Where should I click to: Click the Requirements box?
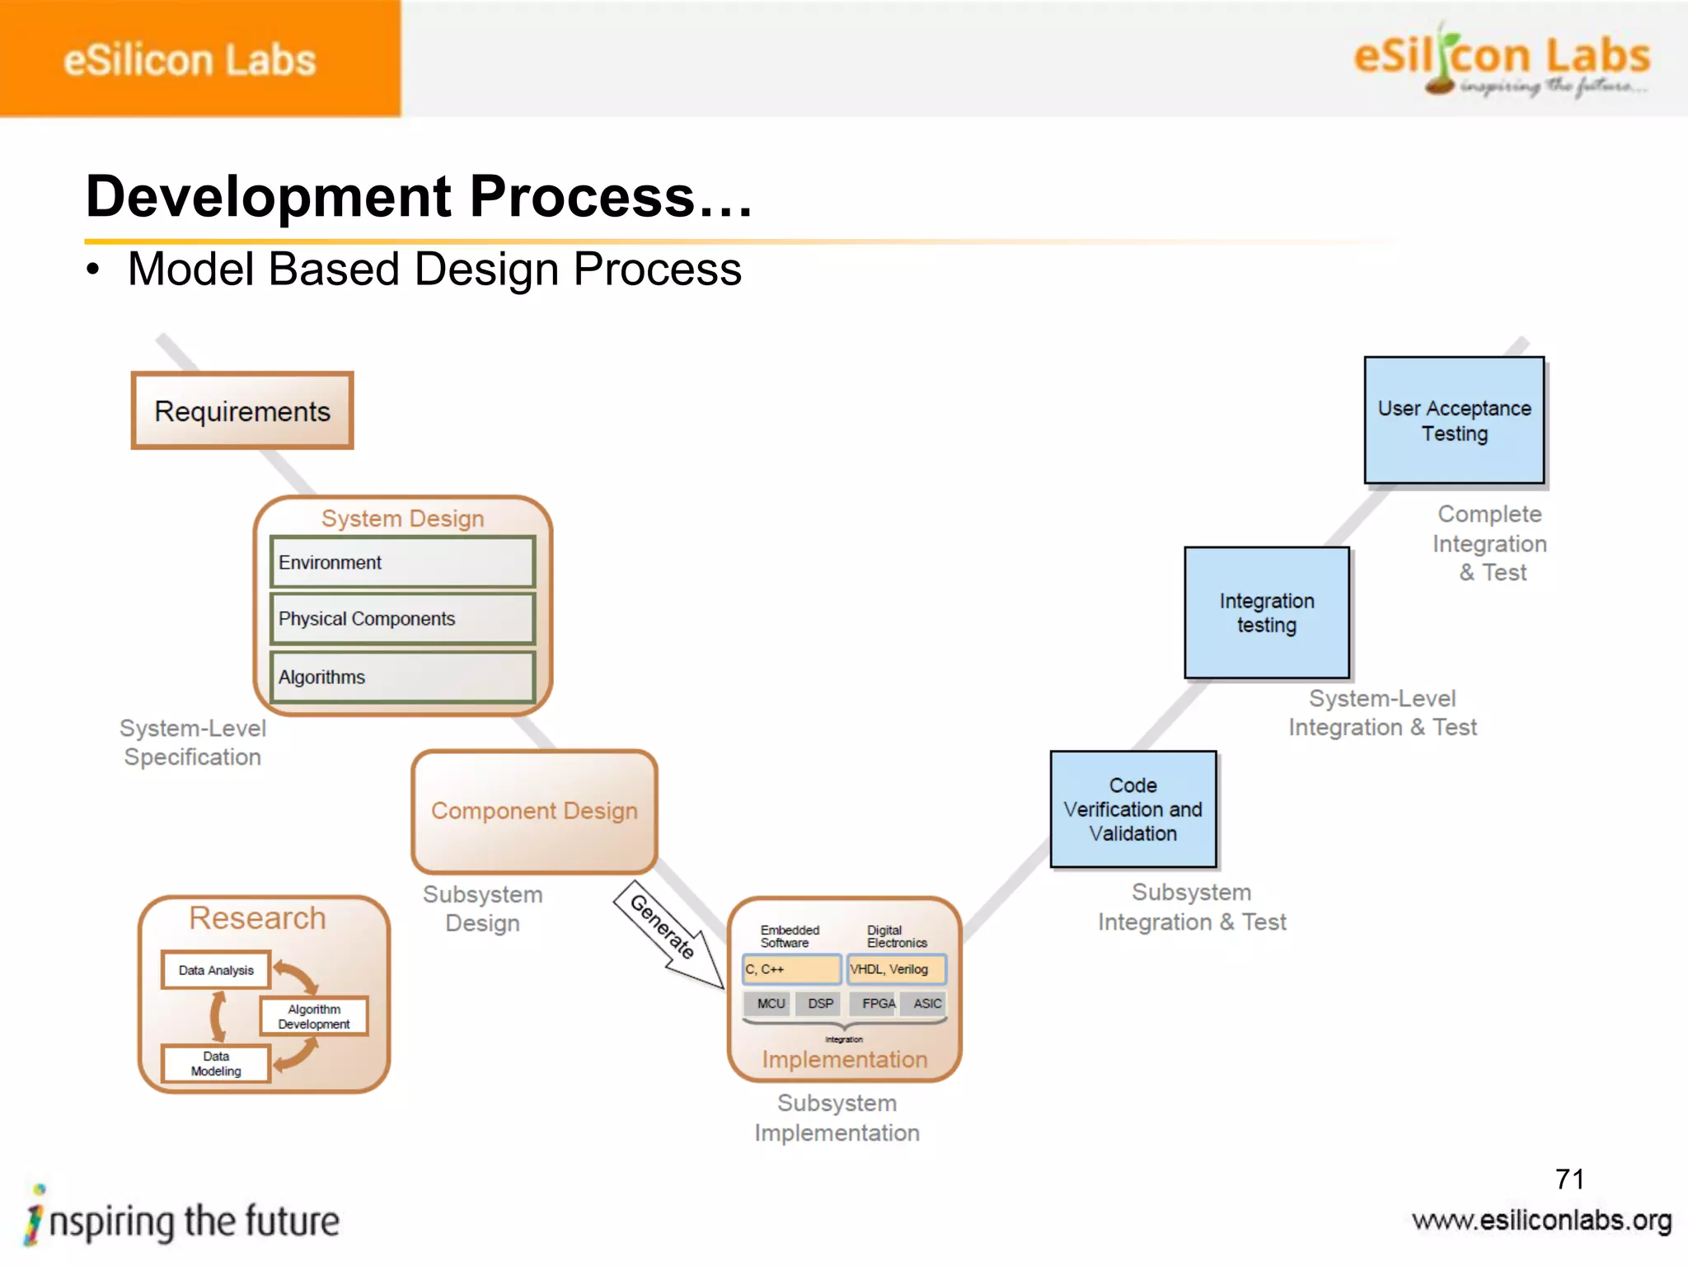(242, 410)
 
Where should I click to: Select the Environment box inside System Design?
(402, 562)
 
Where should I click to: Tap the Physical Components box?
(402, 619)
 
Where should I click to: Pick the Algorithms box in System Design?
(402, 677)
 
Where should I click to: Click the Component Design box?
(534, 811)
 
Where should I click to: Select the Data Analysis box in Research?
(216, 970)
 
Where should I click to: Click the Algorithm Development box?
(314, 1016)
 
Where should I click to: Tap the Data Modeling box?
(216, 1063)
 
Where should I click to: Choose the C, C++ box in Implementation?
(791, 969)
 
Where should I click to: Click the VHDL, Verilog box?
(896, 969)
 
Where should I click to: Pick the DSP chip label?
(819, 1003)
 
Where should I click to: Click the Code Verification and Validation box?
(1133, 809)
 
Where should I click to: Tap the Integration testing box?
(1267, 612)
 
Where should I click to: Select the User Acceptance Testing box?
(1454, 420)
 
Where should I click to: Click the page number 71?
(1569, 1179)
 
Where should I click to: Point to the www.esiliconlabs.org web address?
(1541, 1220)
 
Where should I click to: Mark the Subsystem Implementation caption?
(837, 1118)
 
